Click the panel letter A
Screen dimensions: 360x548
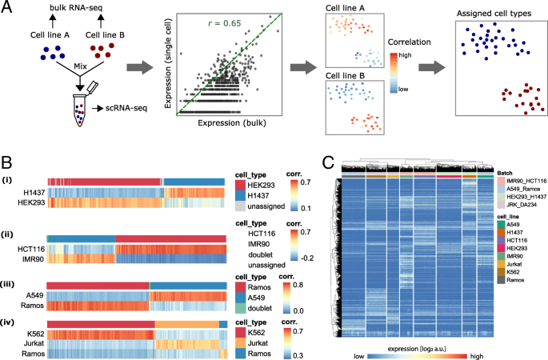click(7, 8)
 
